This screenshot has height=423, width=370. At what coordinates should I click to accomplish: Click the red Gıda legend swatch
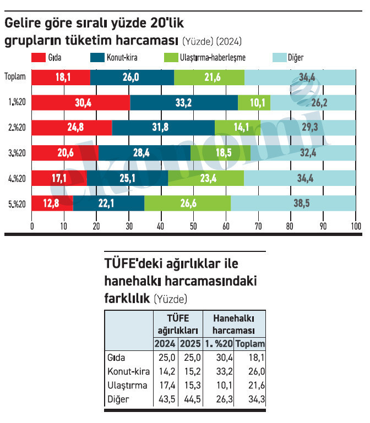39,57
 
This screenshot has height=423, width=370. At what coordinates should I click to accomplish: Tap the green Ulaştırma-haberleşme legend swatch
171,57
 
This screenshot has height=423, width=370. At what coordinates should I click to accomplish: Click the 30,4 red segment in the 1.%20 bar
81,103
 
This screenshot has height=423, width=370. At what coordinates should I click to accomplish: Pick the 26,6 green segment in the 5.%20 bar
187,204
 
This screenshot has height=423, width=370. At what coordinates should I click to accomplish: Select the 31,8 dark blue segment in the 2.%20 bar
163,128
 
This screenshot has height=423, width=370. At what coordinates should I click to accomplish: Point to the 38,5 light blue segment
293,204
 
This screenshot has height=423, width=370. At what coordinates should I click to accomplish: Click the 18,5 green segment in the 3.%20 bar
220,153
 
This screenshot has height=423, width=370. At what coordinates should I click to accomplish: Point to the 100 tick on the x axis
355,226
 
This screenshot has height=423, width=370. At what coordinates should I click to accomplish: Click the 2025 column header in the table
190,344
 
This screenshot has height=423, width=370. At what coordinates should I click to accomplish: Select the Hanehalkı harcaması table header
234,324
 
